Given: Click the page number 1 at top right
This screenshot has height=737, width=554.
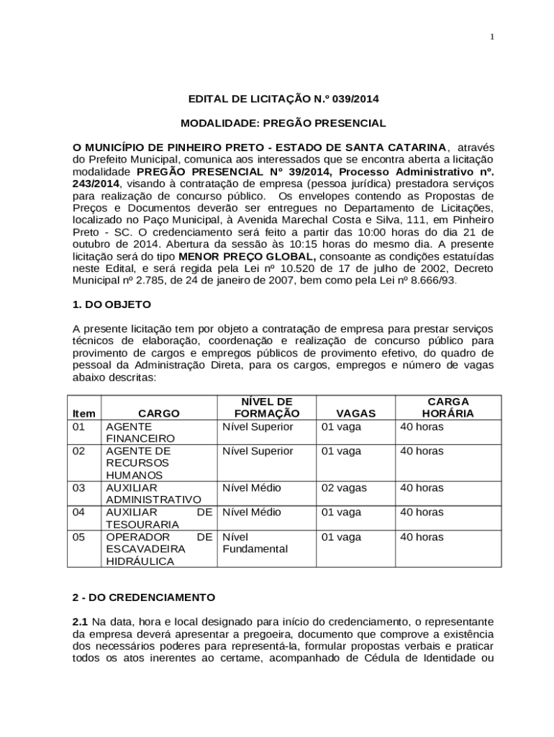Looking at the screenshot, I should (492, 37).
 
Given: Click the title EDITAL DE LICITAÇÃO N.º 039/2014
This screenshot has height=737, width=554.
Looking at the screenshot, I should (283, 99).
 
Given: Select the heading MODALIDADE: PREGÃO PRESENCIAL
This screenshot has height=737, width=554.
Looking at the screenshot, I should (283, 123).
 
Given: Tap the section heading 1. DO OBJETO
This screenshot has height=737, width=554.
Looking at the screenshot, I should (112, 304).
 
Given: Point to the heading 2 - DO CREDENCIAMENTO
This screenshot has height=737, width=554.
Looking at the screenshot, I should (144, 597).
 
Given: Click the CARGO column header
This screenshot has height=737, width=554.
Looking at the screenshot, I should (159, 413).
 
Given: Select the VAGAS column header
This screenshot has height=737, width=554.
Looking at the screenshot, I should (355, 413).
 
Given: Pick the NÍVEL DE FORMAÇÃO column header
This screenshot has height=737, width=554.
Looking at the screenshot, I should (266, 407).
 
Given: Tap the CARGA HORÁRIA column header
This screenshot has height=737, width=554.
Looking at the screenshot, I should (448, 407).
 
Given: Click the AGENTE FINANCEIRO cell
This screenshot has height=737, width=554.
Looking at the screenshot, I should (140, 432).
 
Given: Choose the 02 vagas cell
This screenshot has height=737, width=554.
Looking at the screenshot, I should (343, 488).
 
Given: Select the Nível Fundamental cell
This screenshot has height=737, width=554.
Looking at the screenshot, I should (255, 543).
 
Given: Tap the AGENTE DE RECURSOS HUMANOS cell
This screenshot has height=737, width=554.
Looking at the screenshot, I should (138, 463).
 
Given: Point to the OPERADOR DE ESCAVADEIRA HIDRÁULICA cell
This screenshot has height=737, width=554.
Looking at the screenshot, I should (158, 549).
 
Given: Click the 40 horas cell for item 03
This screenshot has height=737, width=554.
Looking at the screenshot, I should (422, 488).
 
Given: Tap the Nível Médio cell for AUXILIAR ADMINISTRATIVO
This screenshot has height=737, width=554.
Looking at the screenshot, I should (252, 488).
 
